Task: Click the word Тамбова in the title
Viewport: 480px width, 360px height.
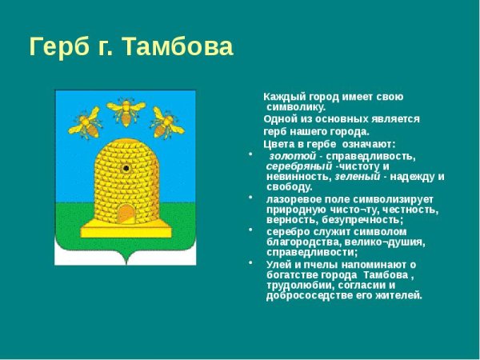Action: point(178,47)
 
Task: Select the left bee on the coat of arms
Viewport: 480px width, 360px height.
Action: point(86,124)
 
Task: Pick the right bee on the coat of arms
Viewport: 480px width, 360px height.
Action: point(166,123)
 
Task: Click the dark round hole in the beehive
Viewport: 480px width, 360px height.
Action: point(126,169)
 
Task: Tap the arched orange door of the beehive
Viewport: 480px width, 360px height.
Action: point(126,213)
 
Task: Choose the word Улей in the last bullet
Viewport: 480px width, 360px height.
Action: point(278,264)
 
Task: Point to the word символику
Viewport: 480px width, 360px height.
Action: point(295,106)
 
